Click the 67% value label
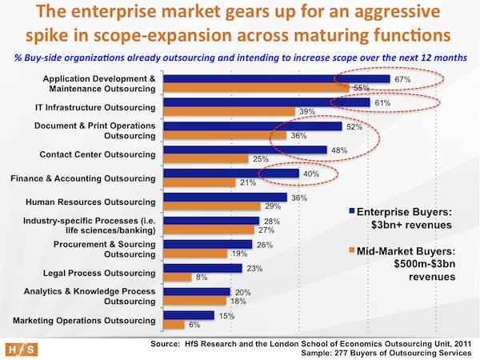[x=402, y=79]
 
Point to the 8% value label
[x=202, y=277]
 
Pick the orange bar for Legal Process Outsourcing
[x=177, y=277]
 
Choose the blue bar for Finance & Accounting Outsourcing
[x=230, y=174]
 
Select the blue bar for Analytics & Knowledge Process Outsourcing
[x=196, y=291]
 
